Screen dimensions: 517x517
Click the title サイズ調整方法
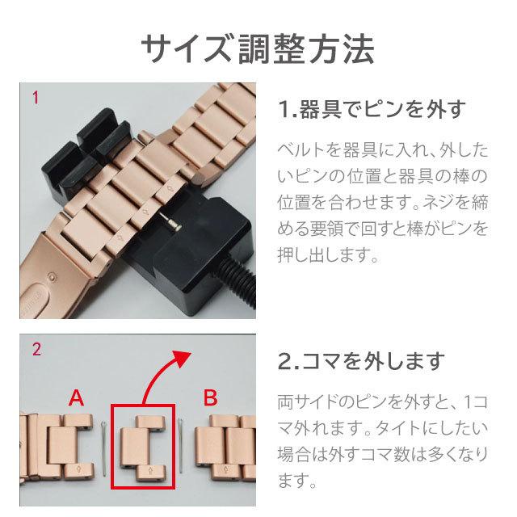click(258, 48)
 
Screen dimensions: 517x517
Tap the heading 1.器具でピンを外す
click(372, 109)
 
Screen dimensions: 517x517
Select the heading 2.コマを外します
click(361, 362)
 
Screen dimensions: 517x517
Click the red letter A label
click(76, 397)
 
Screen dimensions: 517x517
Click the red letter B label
click(210, 397)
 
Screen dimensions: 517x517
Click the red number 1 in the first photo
click(36, 98)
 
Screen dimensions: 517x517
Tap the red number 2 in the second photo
click(36, 349)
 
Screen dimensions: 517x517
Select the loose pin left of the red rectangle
click(104, 448)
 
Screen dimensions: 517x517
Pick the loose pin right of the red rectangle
click(181, 445)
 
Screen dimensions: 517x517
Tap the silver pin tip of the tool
click(170, 221)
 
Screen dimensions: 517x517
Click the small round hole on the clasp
click(51, 275)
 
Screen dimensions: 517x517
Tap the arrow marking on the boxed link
click(150, 472)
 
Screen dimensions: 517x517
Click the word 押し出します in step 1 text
click(327, 254)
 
